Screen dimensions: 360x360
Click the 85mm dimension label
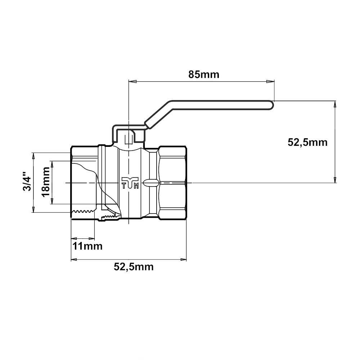point(204,75)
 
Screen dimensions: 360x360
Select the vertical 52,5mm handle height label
point(307,143)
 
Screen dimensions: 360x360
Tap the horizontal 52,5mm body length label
point(134,267)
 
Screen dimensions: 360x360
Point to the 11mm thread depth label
point(87,246)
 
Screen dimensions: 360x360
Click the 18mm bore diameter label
point(45,182)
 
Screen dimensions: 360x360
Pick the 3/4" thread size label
point(27,181)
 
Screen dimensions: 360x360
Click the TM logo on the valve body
point(130,183)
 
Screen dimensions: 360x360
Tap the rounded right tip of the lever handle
point(273,105)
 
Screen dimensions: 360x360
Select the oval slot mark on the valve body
point(151,183)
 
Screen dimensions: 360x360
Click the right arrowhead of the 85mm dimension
point(270,81)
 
